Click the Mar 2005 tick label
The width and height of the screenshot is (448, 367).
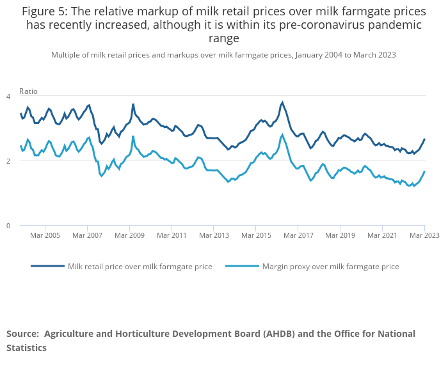pos(45,235)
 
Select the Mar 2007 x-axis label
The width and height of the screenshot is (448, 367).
pos(87,235)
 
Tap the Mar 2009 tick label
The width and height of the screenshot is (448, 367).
pos(129,235)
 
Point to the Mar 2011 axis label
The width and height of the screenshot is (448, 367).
pos(172,235)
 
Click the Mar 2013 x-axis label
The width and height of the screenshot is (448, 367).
pos(214,235)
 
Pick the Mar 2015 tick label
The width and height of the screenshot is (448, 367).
pos(255,235)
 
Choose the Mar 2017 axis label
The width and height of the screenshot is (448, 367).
pos(298,235)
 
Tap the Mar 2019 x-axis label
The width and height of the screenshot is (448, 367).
pos(340,235)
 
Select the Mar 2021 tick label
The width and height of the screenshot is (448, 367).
pos(382,235)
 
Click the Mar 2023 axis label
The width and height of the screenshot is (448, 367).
pos(424,235)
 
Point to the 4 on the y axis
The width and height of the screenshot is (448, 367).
pos(8,96)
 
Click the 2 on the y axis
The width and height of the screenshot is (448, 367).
pos(8,160)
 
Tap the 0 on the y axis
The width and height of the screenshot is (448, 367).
pos(8,226)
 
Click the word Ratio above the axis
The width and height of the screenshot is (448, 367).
pos(28,91)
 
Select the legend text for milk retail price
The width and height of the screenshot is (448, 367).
pos(140,267)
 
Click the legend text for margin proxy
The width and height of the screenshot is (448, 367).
pos(330,267)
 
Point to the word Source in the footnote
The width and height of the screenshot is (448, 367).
pos(22,334)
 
